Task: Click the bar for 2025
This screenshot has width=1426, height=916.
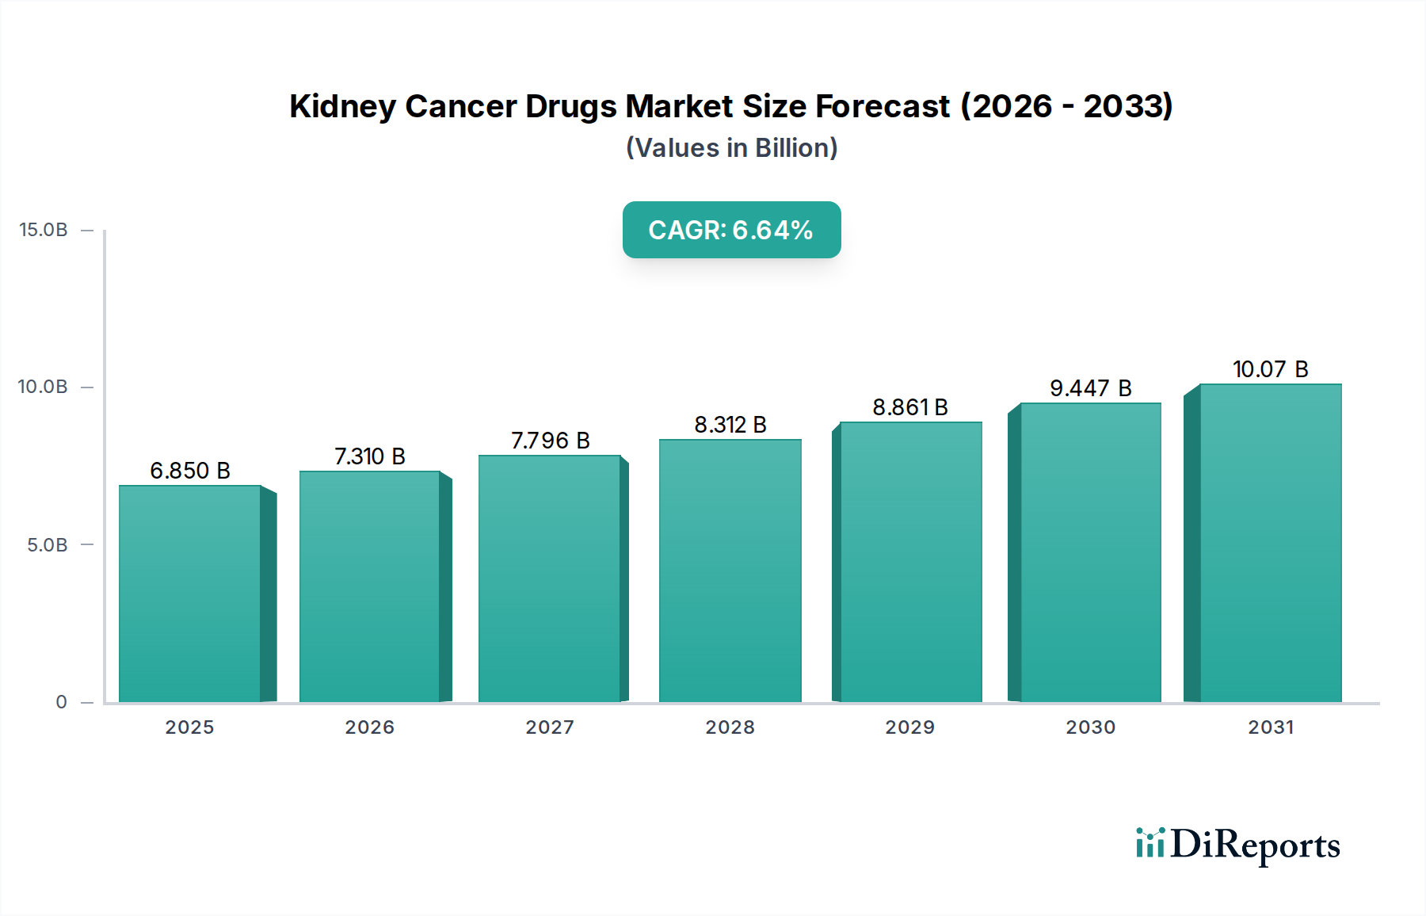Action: [x=190, y=594]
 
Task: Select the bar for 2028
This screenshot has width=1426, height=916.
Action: [x=730, y=571]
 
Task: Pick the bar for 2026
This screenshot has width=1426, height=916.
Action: [x=369, y=586]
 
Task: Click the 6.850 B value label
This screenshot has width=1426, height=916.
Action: [x=190, y=471]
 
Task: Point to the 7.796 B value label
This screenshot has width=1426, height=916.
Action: [x=550, y=441]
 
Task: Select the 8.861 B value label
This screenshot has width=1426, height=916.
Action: [x=910, y=407]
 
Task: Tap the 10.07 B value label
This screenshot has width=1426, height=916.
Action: [x=1270, y=369]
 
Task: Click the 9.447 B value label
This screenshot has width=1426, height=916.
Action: [x=1090, y=388]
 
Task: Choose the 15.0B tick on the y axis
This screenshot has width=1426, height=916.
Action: [x=44, y=230]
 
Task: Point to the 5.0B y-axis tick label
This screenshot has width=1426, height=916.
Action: [x=48, y=545]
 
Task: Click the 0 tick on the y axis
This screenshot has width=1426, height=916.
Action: [x=61, y=702]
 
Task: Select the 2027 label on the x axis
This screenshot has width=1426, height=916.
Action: [x=550, y=727]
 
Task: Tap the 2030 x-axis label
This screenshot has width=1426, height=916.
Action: [x=1090, y=727]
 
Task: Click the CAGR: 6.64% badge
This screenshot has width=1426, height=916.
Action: [x=731, y=230]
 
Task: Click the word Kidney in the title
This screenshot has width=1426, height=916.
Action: [x=341, y=106]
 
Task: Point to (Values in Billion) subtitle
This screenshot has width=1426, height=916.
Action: [x=731, y=148]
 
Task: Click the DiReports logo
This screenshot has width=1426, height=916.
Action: [x=1237, y=845]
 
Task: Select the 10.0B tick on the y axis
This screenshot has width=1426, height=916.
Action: [x=44, y=387]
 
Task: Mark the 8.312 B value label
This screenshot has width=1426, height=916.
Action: [x=730, y=425]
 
